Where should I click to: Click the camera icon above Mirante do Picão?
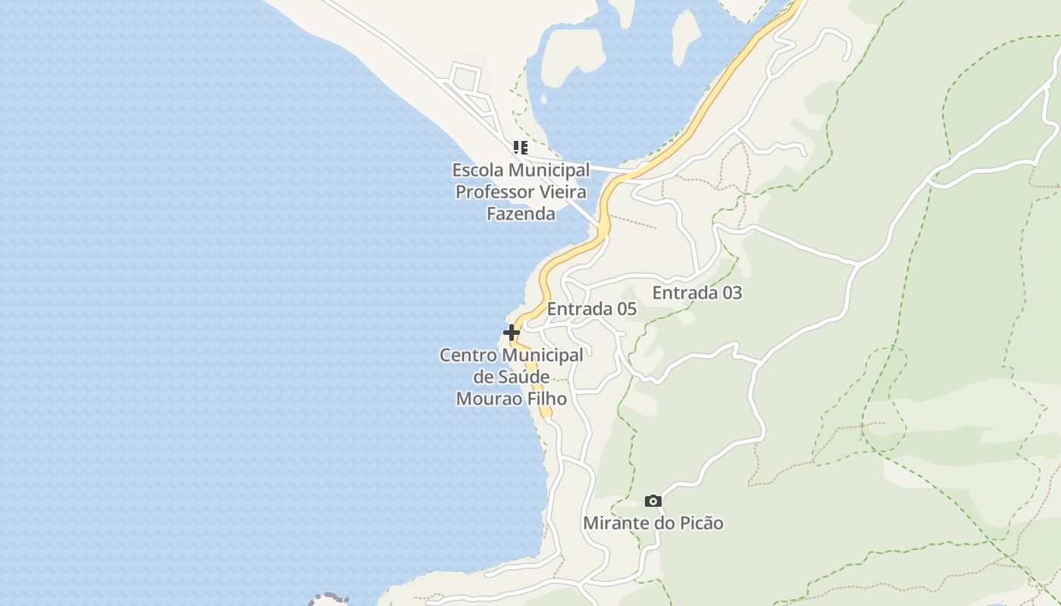click(x=653, y=501)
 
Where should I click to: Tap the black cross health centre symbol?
click(x=512, y=332)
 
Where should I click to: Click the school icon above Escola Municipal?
click(x=520, y=147)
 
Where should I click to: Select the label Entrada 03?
click(x=696, y=292)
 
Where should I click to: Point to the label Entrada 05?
click(x=591, y=309)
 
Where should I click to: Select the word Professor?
click(x=494, y=192)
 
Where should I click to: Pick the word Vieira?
click(x=562, y=192)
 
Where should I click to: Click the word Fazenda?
click(x=521, y=214)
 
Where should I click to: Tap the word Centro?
click(x=468, y=355)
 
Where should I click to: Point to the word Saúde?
click(x=524, y=376)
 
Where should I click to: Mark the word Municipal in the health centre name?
click(x=543, y=355)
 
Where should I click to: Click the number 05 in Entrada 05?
click(x=626, y=309)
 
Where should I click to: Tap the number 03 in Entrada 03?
click(x=731, y=292)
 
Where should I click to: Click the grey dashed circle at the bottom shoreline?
click(x=327, y=599)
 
